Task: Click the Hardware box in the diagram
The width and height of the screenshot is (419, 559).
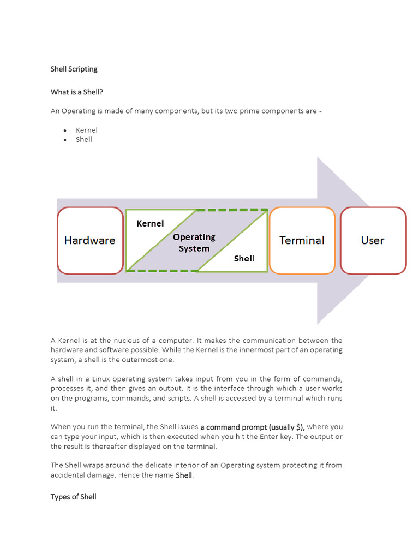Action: coord(90,240)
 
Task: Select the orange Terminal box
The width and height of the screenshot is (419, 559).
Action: coord(302,240)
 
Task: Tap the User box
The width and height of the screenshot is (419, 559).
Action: coord(373,240)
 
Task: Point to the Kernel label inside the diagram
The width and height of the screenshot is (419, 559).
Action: coord(150,223)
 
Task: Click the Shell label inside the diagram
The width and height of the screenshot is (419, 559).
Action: coord(244,258)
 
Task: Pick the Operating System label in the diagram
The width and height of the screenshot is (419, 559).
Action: coord(194,242)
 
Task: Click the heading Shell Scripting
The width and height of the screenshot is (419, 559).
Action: coord(74,69)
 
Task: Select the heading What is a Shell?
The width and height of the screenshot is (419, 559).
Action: coord(77,92)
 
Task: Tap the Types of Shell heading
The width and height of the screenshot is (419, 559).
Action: coord(73,497)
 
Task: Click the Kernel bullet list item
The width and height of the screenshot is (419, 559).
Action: coord(87,130)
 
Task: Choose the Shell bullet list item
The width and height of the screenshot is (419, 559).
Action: coord(84,139)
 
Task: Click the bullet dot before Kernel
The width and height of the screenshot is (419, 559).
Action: coord(65,130)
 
